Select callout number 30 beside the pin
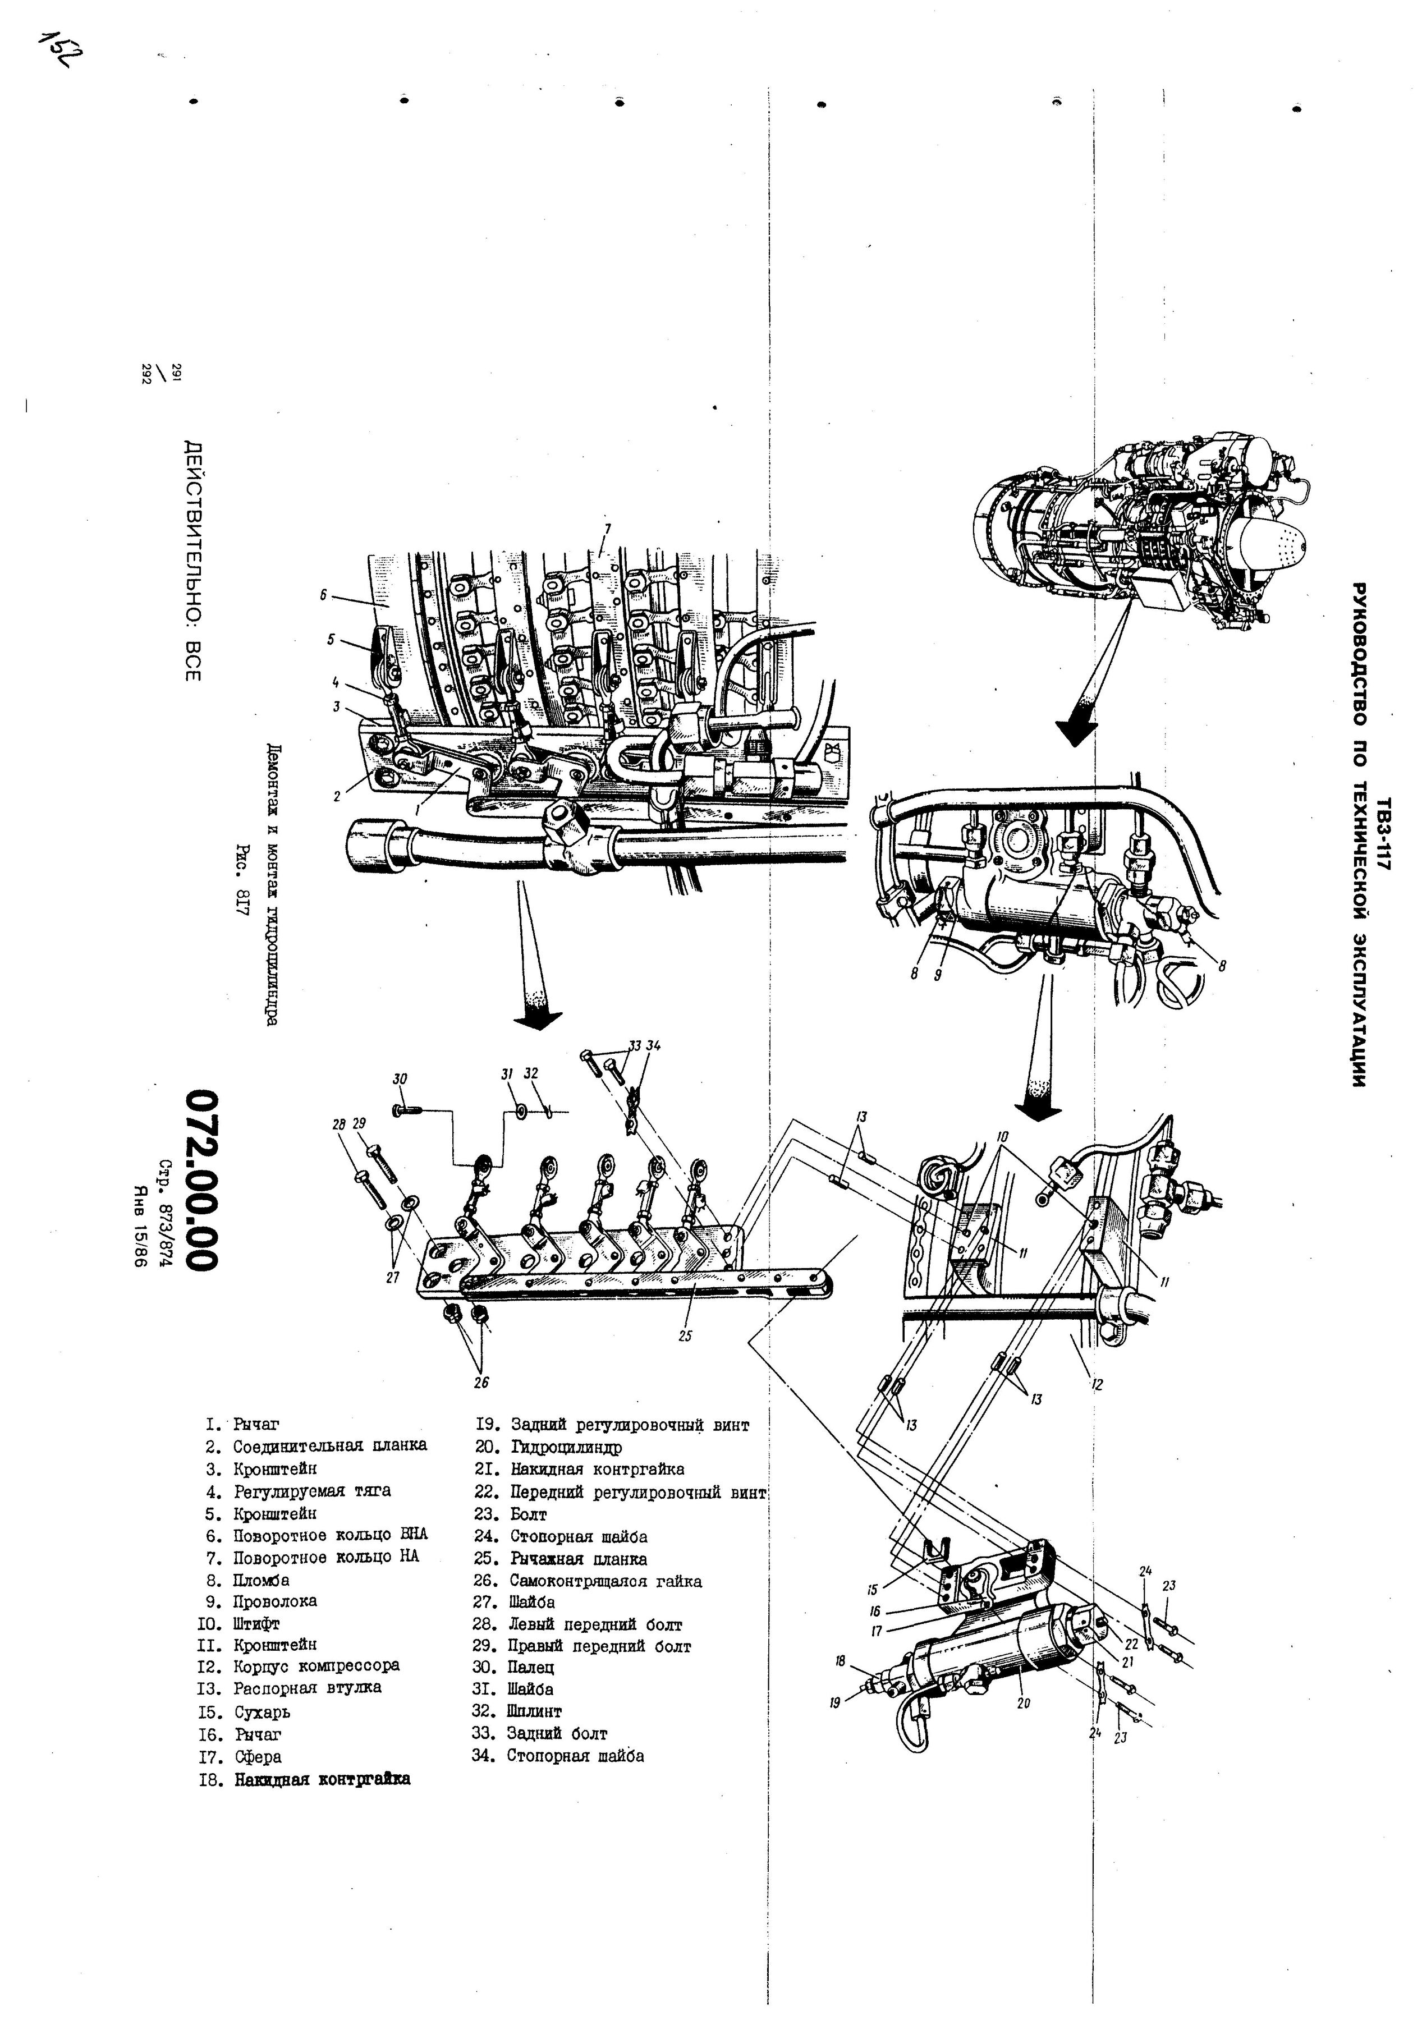click(x=400, y=1078)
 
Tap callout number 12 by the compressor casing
click(x=1097, y=1384)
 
